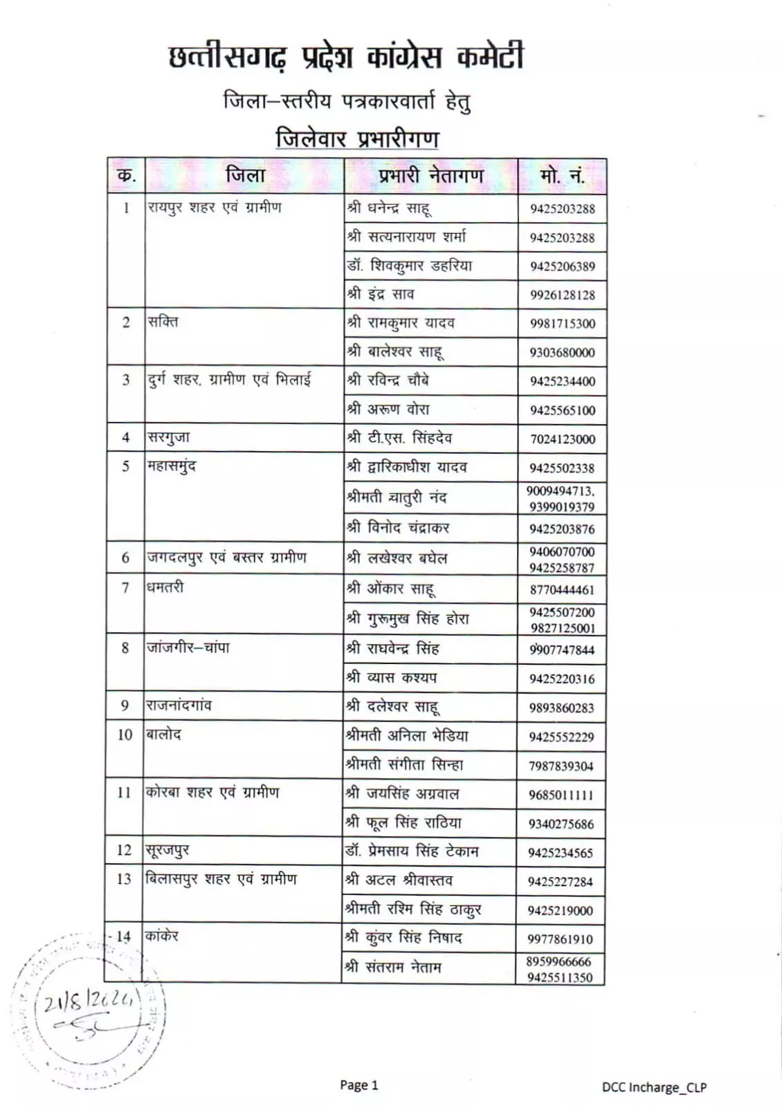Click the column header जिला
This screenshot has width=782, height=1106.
[244, 176]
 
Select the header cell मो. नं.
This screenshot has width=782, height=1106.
[562, 176]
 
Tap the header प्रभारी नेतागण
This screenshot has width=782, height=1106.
[430, 176]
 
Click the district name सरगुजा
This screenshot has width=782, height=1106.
[168, 437]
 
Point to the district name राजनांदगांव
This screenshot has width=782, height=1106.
[179, 706]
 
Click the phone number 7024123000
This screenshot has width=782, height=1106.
[562, 439]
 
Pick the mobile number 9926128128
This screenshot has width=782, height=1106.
[562, 295]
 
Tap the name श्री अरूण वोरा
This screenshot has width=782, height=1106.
[388, 409]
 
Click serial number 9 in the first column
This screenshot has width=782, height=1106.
[125, 706]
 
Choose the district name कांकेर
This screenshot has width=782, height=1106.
[162, 937]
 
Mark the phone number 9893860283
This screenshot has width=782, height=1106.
[561, 708]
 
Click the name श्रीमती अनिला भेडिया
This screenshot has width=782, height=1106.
[407, 736]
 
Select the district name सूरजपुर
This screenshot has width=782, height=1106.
[167, 850]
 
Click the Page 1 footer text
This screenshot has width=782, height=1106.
[358, 1085]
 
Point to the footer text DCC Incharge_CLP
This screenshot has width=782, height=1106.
[653, 1087]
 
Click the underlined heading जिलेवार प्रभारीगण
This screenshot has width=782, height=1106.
[357, 138]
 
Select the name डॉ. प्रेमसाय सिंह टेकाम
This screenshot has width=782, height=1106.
[412, 851]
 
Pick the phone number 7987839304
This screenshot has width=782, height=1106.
[561, 766]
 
